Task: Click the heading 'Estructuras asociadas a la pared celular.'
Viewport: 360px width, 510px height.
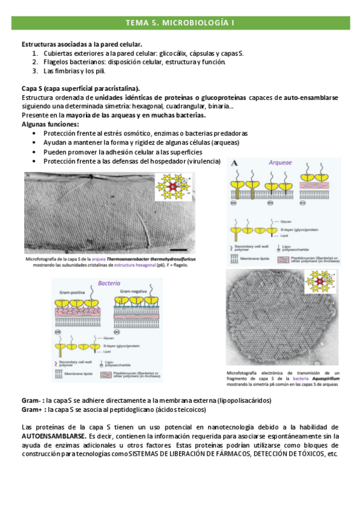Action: point(81,45)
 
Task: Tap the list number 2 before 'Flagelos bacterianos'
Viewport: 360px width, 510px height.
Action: point(35,61)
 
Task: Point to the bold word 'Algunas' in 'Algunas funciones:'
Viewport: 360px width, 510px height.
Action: point(35,124)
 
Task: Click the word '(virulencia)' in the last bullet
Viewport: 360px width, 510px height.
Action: point(203,161)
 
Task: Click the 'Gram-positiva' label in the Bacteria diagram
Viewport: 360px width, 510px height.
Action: point(73,291)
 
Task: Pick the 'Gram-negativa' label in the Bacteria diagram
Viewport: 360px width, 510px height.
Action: point(135,291)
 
